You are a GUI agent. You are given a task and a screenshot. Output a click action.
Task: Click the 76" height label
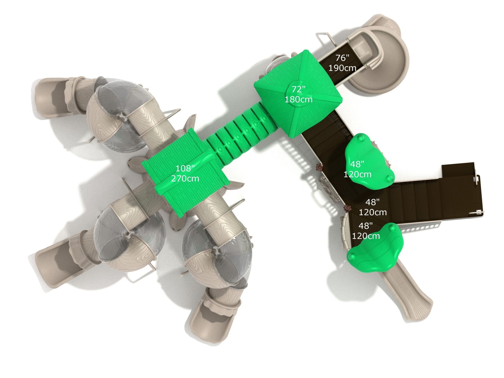point(342,58)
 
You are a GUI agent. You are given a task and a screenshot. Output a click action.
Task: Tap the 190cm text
point(342,68)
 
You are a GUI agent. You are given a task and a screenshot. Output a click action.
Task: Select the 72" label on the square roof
point(299,89)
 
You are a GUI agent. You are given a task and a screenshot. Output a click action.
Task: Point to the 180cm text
point(299,99)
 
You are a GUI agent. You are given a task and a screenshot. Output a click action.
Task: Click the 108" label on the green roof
point(185,169)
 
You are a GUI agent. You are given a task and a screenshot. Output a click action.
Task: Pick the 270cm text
point(185,179)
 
